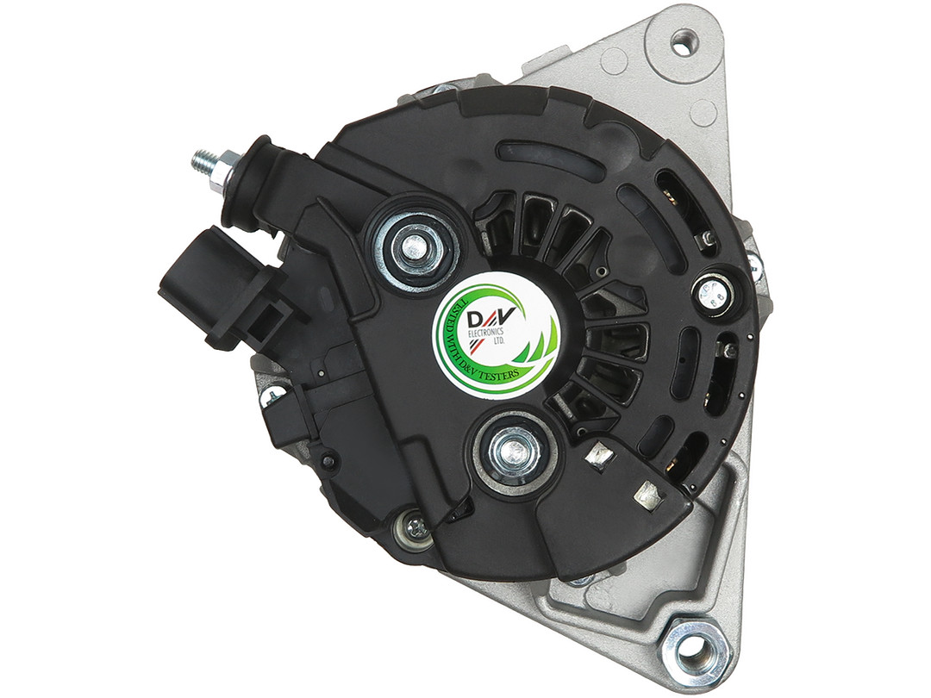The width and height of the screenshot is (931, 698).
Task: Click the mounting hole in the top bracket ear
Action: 682,44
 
